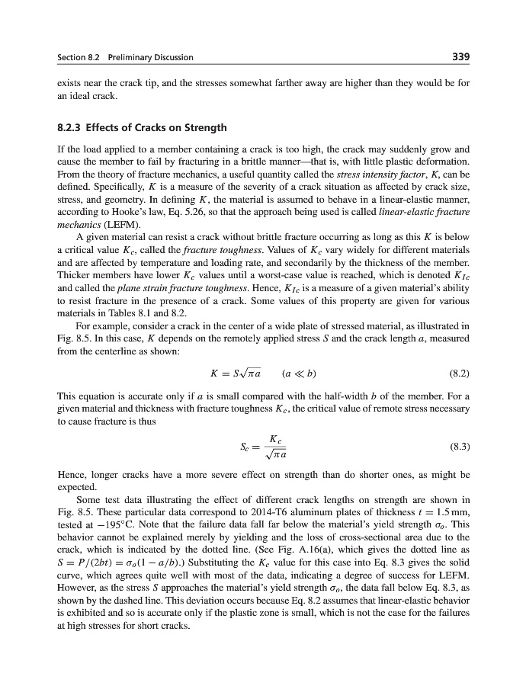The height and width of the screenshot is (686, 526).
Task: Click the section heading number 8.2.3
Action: pos(72,127)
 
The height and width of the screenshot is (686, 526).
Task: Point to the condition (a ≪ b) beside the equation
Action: pos(299,374)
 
